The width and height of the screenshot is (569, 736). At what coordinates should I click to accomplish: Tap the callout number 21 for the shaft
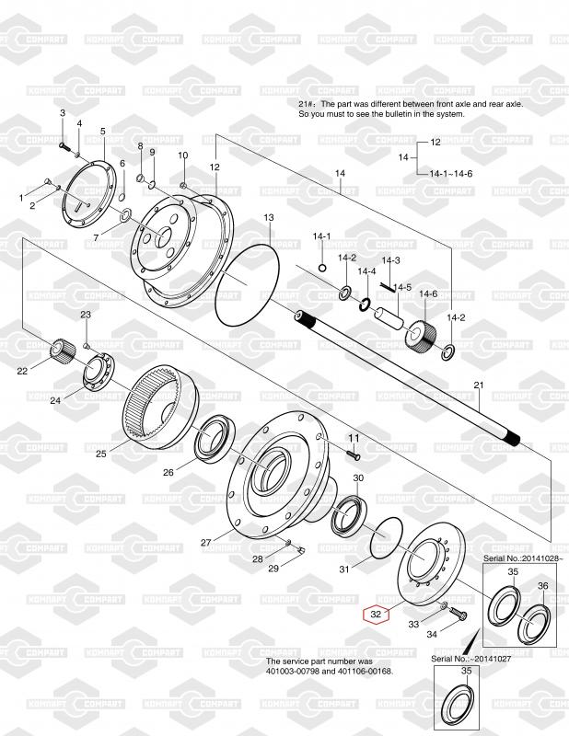click(479, 385)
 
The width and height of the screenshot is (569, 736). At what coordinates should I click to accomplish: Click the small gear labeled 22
click(63, 351)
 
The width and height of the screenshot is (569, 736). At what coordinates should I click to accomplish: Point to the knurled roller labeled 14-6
click(420, 334)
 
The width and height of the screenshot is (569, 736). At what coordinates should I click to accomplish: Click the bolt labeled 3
click(64, 147)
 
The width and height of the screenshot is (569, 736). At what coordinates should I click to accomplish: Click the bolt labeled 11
click(354, 454)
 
